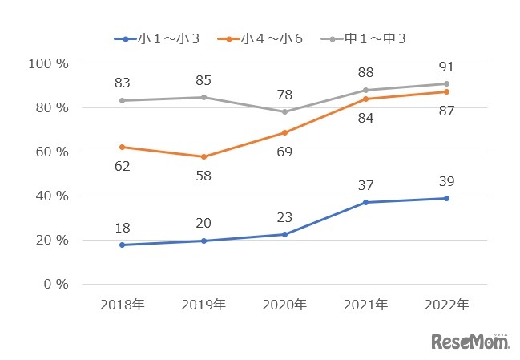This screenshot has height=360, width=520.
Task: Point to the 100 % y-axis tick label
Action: (49, 63)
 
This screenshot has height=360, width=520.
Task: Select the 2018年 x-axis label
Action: (121, 305)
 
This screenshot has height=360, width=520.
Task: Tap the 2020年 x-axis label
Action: (284, 305)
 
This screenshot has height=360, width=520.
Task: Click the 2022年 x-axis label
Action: (446, 305)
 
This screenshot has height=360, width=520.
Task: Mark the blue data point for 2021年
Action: (365, 202)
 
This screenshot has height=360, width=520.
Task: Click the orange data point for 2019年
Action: (204, 156)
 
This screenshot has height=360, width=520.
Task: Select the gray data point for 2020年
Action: (284, 112)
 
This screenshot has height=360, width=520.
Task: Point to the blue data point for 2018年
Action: (122, 245)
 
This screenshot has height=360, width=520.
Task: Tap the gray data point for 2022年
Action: (446, 83)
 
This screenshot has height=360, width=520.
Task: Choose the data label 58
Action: (204, 175)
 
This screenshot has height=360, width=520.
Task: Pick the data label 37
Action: (365, 185)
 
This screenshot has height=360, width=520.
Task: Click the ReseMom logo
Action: (470, 342)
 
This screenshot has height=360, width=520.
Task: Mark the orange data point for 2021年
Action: (365, 99)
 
